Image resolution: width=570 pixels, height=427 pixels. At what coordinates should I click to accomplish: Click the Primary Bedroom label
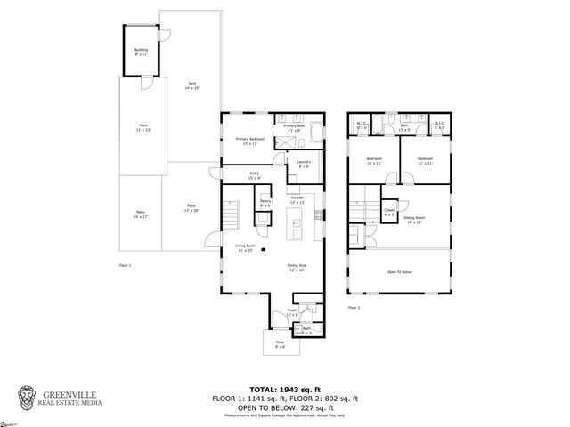pos(249,141)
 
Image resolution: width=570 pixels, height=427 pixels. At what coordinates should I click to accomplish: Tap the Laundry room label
pos(304,165)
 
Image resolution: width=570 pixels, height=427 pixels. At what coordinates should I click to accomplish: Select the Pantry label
pos(265,204)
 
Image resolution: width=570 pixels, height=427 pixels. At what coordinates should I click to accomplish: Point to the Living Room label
pos(245,249)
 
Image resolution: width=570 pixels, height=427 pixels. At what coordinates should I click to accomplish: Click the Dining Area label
pos(297,267)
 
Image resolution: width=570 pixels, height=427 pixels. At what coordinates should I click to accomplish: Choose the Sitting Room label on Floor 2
pos(414,219)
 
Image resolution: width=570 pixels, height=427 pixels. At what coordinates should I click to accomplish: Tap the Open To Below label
pos(399,272)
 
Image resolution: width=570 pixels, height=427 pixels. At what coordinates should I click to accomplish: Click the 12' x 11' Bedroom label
pos(374,162)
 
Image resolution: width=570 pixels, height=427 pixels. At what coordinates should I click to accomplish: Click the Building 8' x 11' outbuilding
pos(141,52)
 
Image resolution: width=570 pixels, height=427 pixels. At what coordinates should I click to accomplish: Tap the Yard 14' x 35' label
pos(191,86)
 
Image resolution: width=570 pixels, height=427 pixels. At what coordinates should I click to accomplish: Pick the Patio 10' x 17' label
pos(140,214)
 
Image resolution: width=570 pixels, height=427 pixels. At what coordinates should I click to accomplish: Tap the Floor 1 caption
pos(125,265)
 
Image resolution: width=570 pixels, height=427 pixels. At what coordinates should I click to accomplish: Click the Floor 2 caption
pos(354,307)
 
